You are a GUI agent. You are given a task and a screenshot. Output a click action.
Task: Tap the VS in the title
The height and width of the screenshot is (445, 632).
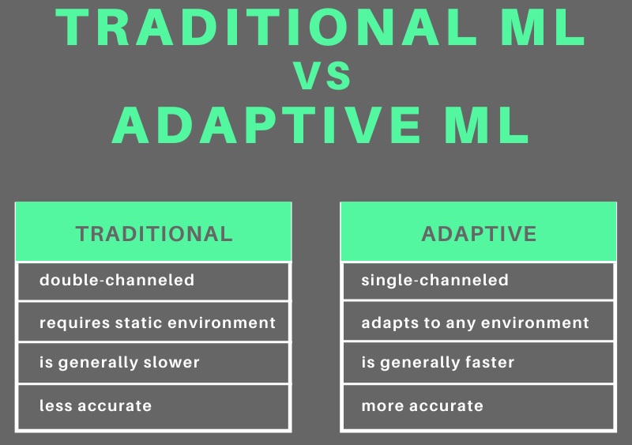point(322,75)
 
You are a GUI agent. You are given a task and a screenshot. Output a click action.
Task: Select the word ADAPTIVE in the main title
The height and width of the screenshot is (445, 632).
point(266,125)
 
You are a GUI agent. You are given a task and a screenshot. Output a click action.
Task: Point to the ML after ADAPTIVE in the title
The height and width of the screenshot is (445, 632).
point(487,125)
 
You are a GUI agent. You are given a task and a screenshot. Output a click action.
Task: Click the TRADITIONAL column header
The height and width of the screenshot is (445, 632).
point(153,232)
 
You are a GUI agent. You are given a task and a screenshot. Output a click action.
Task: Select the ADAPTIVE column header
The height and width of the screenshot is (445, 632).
point(479,232)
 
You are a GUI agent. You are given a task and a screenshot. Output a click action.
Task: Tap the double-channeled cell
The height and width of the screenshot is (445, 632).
point(153,281)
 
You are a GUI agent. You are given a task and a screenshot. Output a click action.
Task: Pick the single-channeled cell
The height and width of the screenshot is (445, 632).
point(479,281)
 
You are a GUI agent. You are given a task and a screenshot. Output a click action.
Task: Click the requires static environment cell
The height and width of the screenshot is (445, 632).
point(153,322)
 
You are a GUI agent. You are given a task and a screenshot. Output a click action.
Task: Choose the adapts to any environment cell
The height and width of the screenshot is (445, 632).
point(479,321)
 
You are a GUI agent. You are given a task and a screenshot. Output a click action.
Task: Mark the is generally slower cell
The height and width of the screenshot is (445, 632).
point(153,362)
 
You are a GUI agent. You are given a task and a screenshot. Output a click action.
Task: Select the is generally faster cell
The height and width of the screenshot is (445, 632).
point(479,362)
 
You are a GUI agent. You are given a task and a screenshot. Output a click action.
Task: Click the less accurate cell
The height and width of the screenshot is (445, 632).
point(153,407)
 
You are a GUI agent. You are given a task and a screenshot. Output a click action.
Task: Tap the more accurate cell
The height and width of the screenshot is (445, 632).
point(479,407)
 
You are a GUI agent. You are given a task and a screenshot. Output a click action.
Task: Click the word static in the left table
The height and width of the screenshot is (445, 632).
point(139,322)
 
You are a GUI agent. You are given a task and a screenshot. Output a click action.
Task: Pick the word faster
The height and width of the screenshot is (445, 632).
point(490,362)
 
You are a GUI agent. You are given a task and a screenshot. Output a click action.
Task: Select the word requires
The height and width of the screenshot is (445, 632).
point(74,324)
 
